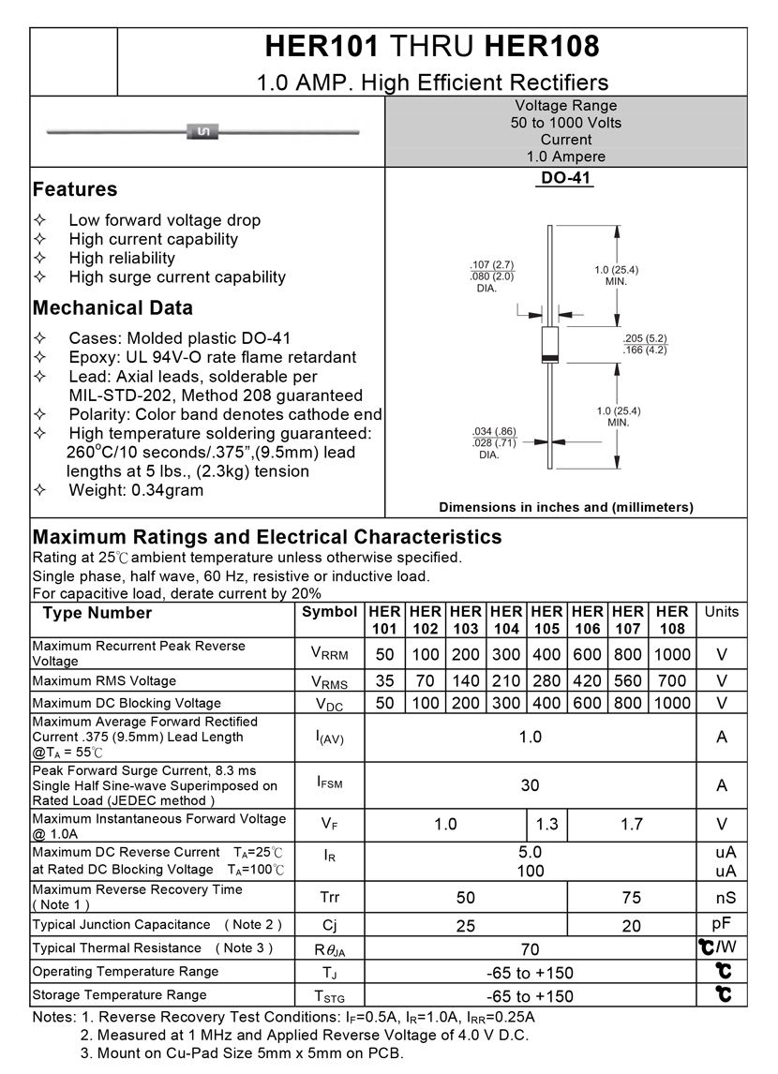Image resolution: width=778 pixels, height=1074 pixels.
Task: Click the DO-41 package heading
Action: click(566, 178)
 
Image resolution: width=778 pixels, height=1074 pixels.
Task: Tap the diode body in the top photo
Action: click(201, 132)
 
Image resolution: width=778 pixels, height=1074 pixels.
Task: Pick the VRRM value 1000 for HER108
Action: click(672, 654)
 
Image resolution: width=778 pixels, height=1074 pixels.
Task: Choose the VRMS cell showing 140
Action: click(466, 681)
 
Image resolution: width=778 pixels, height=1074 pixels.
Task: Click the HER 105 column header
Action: click(546, 619)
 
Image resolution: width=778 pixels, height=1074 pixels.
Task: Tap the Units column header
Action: click(722, 612)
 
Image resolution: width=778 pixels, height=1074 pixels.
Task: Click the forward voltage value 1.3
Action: click(546, 825)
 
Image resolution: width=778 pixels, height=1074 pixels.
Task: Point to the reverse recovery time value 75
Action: click(631, 898)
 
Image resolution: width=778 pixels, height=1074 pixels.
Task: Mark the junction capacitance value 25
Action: click(466, 926)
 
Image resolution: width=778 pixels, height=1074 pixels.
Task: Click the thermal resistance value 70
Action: click(530, 950)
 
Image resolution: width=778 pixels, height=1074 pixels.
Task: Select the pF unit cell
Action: click(722, 924)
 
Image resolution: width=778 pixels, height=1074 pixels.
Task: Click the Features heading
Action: click(75, 189)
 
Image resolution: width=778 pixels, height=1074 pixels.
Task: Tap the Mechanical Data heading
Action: click(112, 308)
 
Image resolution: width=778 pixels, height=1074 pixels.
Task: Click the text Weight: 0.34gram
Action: click(136, 490)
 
